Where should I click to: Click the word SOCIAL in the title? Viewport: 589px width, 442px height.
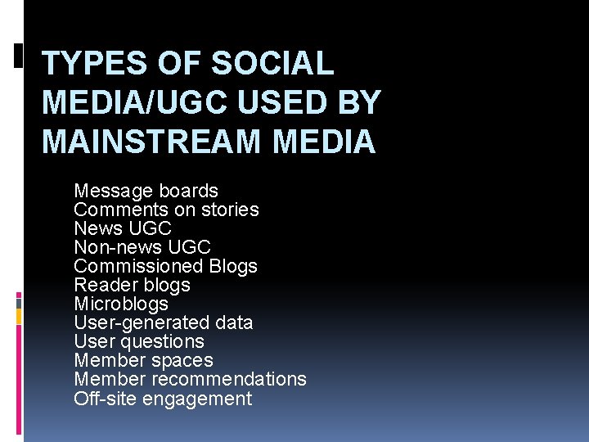(272, 63)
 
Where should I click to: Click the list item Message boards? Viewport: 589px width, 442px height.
(146, 191)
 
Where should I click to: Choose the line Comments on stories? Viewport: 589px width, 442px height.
(166, 210)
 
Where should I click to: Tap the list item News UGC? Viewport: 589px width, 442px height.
(123, 228)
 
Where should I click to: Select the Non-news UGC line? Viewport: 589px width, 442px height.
(142, 247)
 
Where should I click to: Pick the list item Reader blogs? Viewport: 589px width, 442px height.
(132, 285)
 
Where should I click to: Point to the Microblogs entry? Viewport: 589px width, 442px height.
(121, 304)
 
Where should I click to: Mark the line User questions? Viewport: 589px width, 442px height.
(139, 341)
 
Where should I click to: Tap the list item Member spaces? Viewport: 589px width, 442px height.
(143, 360)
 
